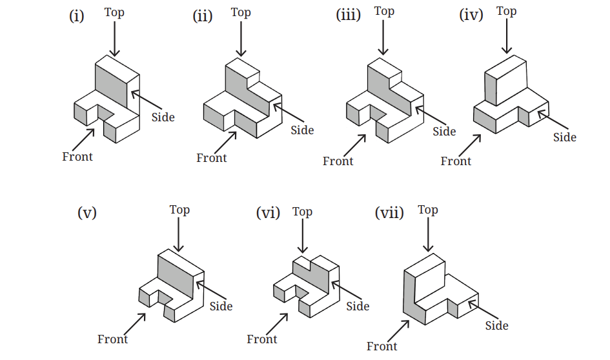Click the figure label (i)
77,16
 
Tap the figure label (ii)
203,16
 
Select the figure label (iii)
348,15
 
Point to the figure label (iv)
471,15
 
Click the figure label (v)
87,213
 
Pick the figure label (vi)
268,213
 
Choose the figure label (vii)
389,213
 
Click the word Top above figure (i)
114,12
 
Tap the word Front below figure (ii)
211,158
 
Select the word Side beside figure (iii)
444,132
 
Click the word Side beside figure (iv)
565,137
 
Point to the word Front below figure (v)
112,339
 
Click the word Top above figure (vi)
302,212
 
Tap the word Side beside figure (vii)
497,325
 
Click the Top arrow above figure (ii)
241,39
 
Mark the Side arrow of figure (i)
147,99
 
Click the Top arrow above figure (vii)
428,234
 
